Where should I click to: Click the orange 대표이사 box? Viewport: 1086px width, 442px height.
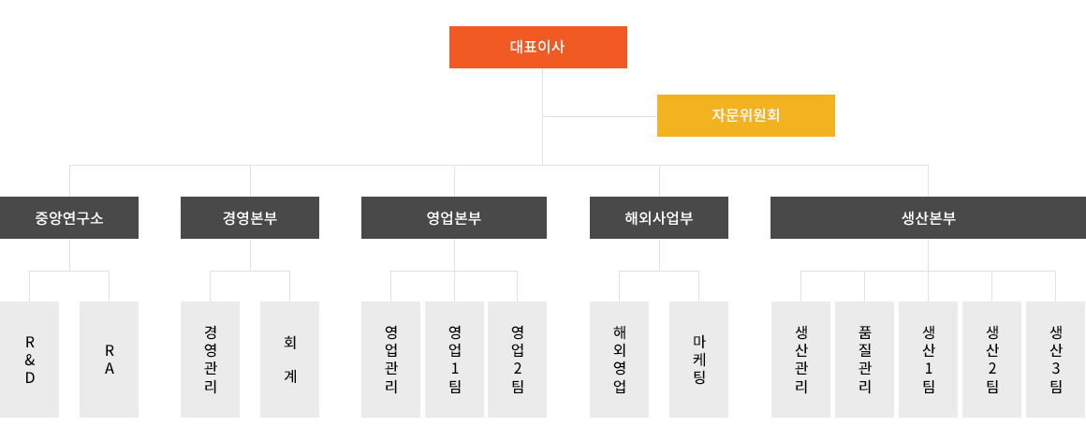coord(538,47)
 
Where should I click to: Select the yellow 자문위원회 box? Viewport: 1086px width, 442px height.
coord(746,116)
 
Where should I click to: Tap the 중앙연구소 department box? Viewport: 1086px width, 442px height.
coord(69,217)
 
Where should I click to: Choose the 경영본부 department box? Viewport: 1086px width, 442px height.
coord(250,217)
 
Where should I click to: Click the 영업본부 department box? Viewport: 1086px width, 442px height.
coord(454,217)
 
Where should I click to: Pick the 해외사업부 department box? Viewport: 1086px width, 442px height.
coord(659,217)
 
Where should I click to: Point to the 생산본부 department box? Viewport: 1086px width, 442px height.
coord(928,217)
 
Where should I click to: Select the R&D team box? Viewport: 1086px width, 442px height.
coord(29,360)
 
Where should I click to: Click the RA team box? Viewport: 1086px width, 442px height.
coord(109,360)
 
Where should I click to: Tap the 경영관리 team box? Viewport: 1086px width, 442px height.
coord(210,360)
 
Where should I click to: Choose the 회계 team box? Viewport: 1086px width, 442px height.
coord(289,360)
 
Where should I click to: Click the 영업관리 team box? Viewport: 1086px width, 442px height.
coord(390,360)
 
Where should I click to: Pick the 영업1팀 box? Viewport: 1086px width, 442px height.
coord(454,360)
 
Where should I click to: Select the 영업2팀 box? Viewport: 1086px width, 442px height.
coord(518,360)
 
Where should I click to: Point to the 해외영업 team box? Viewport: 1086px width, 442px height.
coord(619,360)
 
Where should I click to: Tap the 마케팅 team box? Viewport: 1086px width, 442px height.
coord(698,360)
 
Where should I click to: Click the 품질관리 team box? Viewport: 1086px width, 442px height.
coord(864,360)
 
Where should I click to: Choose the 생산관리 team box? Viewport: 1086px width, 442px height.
coord(800,360)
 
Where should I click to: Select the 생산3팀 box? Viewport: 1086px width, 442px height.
coord(1055,360)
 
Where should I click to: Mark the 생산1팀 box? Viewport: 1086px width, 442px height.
coord(928,360)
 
